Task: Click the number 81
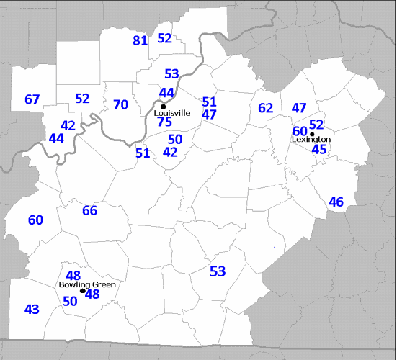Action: tap(140, 40)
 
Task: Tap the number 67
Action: tap(32, 99)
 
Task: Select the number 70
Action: tap(120, 105)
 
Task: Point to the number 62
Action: tap(265, 108)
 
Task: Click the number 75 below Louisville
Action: tap(164, 122)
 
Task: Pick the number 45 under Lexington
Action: tap(318, 149)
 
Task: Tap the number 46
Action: tap(336, 202)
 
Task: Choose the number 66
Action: tap(89, 210)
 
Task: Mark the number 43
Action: tap(32, 310)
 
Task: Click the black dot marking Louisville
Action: tap(164, 107)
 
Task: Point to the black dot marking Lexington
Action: tap(312, 133)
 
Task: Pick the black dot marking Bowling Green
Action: tap(82, 291)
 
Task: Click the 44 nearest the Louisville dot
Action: tap(166, 93)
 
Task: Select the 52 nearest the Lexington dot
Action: tap(316, 124)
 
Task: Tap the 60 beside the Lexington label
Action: tap(300, 131)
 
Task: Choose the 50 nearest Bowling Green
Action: tap(70, 301)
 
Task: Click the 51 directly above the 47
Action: tap(209, 102)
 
